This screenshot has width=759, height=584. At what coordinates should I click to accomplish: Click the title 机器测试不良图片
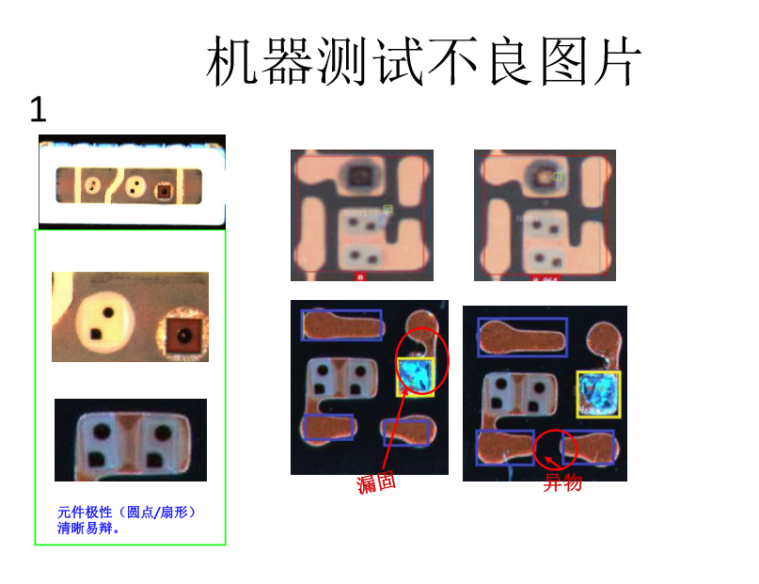point(424,62)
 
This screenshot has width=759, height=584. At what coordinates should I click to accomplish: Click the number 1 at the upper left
point(38,111)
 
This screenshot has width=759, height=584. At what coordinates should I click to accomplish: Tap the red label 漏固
point(376,483)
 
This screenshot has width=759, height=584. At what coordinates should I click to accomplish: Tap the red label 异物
point(562,483)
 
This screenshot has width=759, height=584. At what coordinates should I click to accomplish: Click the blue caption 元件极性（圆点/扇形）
point(127,513)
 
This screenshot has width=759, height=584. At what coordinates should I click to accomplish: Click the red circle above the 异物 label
point(555,450)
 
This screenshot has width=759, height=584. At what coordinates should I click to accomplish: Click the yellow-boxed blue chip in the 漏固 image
point(415,376)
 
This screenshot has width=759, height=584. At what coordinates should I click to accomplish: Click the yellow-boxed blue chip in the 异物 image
point(598,394)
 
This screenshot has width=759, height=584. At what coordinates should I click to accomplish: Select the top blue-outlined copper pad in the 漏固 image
point(341,324)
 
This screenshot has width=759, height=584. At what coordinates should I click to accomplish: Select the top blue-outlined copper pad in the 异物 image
point(522,337)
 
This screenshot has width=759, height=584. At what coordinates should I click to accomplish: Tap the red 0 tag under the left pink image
point(360,277)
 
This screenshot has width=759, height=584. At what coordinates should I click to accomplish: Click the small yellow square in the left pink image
point(387,209)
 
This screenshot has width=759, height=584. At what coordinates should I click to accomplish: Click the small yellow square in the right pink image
point(558,176)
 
